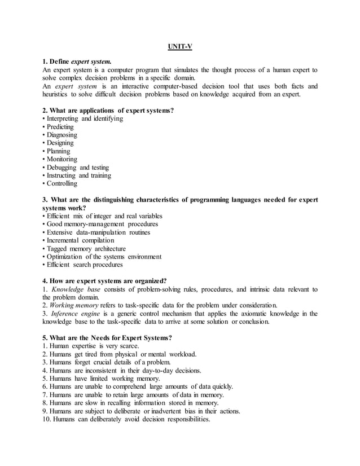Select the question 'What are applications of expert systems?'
click(x=108, y=111)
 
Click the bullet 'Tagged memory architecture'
click(x=84, y=248)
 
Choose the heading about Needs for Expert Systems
click(x=107, y=338)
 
